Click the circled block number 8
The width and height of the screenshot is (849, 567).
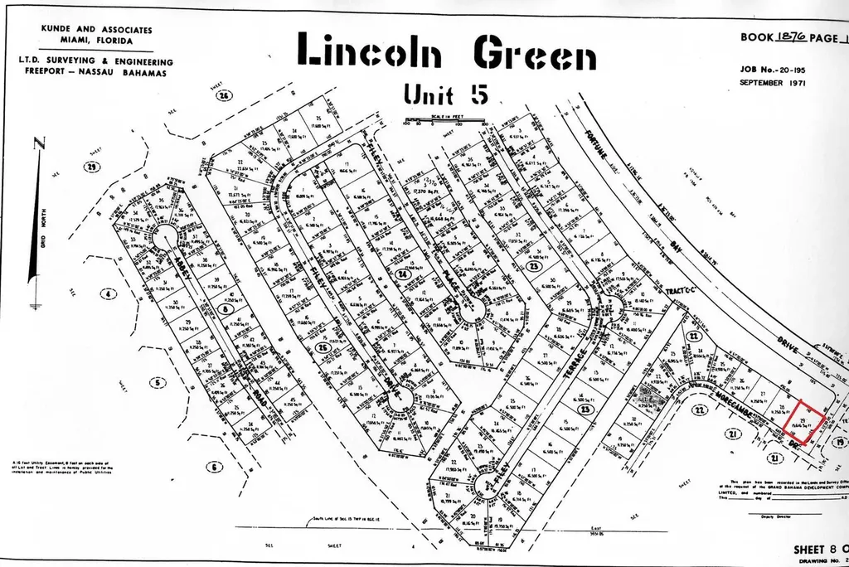pos(227,308)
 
